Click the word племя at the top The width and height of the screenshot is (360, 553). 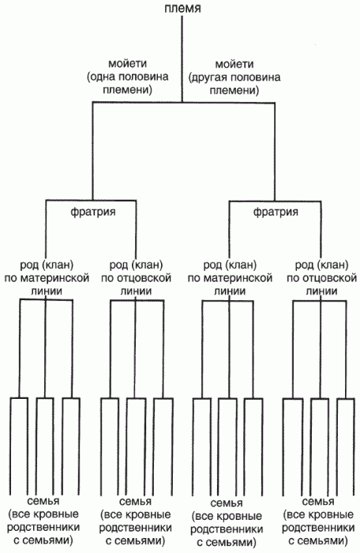[182, 7]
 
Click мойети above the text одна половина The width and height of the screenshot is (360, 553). [127, 64]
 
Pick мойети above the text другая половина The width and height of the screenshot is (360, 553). [234, 64]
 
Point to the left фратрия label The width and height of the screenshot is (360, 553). [93, 212]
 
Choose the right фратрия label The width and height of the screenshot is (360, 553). [276, 212]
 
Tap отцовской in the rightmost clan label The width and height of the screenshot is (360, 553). [329, 278]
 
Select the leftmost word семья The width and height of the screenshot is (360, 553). [43, 501]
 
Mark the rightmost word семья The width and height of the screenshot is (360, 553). [318, 502]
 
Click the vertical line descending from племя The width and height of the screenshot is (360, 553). [182, 58]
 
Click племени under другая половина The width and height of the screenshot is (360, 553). [234, 90]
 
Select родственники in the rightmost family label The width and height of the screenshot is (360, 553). [318, 528]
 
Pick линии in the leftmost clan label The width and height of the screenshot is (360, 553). [47, 291]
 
